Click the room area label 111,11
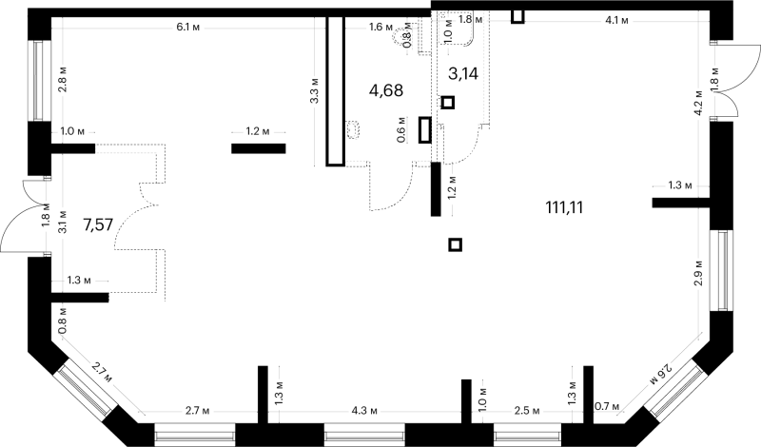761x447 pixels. (x=564, y=207)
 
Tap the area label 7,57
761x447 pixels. (x=98, y=224)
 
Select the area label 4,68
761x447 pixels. (x=386, y=90)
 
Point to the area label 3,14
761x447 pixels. (x=463, y=74)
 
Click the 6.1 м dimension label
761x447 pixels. (x=187, y=28)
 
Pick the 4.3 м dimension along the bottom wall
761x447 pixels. (x=364, y=411)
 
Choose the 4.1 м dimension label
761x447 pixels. (x=616, y=20)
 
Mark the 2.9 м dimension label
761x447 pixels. (x=698, y=273)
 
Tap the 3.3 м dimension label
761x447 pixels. (x=315, y=90)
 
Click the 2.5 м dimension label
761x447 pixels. (x=527, y=411)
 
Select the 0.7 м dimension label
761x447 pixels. (x=608, y=406)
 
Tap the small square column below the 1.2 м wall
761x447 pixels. (x=455, y=244)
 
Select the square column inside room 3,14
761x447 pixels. (x=447, y=103)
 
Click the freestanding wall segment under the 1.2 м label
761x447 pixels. (x=258, y=148)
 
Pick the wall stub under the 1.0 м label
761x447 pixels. (x=73, y=148)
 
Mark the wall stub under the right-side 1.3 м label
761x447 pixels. (x=681, y=203)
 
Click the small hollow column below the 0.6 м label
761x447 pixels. (x=424, y=130)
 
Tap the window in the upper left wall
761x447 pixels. (x=39, y=81)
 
